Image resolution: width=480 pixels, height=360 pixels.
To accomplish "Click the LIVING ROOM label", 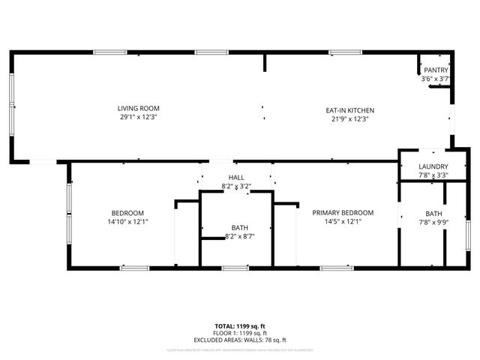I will tap(138, 109).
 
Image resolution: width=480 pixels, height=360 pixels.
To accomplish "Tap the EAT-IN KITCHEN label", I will tap(349, 110).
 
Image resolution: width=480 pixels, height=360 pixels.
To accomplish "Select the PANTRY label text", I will tap(436, 70).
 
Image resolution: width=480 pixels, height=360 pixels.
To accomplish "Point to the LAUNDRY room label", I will tap(433, 166).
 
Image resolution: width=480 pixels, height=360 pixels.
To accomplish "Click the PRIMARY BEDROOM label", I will tap(343, 213).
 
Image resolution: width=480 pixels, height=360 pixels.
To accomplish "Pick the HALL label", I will tap(236, 177).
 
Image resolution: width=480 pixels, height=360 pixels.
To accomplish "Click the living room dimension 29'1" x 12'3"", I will tap(138, 117).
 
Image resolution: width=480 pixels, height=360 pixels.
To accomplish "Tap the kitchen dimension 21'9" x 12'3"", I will tap(349, 118).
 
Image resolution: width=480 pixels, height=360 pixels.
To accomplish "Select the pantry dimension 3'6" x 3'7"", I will tap(436, 79).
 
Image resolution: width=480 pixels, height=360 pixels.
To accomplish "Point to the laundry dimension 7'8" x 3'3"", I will tap(433, 175).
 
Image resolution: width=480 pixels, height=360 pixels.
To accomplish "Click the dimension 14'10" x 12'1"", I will tap(127, 222).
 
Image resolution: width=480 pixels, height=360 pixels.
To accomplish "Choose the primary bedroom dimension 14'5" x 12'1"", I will tap(343, 221).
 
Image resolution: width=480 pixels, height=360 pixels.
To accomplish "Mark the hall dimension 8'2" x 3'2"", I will tap(236, 186).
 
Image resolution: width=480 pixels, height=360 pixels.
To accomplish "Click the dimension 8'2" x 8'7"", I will tap(240, 237).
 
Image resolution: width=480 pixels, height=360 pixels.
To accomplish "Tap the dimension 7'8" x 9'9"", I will tap(433, 222).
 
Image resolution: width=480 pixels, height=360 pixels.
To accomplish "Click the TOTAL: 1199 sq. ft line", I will tap(239, 326).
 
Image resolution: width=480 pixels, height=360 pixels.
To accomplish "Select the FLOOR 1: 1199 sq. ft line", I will tap(239, 333).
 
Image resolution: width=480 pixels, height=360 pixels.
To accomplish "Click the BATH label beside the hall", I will tap(240, 228).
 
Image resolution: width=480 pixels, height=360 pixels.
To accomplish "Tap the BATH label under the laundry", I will tap(433, 214).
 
